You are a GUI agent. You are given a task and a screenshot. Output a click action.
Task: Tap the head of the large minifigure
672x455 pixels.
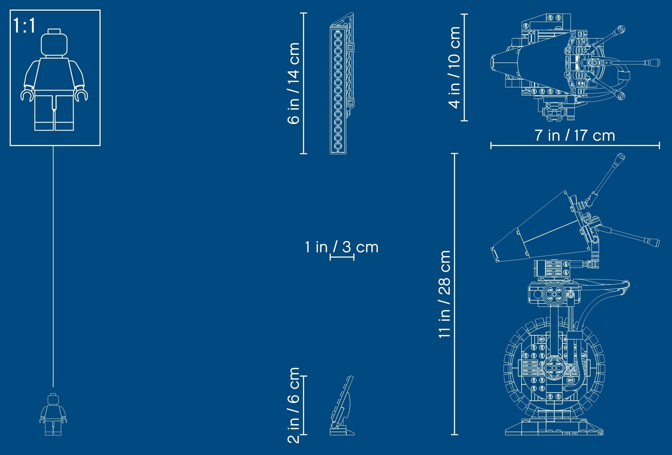tap(54, 43)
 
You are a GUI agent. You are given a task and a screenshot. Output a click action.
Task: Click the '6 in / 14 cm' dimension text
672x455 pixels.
tap(293, 83)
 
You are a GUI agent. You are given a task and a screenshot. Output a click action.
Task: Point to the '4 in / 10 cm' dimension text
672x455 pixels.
tap(454, 68)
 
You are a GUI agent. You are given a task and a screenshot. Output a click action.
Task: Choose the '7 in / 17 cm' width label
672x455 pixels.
tap(575, 135)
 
